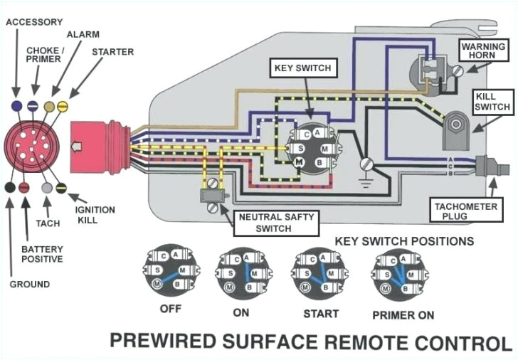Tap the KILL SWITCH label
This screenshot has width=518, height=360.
[x=492, y=101]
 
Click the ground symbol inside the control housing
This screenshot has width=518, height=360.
[x=366, y=166]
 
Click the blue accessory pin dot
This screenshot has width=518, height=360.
[x=16, y=105]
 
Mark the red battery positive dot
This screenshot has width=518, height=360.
[x=23, y=188]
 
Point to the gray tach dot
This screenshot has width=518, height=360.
[x=47, y=188]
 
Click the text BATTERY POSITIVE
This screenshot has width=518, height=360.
[x=42, y=254]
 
